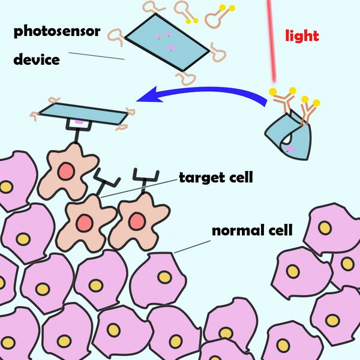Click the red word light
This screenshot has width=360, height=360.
(x=302, y=35)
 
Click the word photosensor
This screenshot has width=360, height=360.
(x=56, y=31)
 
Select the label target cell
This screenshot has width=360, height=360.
(x=215, y=178)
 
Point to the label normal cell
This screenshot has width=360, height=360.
(x=251, y=230)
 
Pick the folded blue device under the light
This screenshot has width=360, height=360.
(x=288, y=135)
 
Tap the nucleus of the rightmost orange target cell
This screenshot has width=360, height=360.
(x=136, y=221)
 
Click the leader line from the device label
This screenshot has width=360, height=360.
(x=96, y=56)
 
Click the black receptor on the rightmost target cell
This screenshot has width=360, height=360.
(x=146, y=175)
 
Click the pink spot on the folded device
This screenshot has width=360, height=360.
(x=289, y=148)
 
